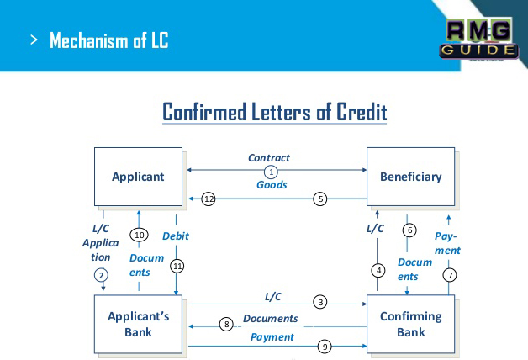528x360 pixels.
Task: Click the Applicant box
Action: pos(138,177)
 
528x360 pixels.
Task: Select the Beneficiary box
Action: pos(410,177)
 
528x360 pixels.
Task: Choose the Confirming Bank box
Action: pos(410,324)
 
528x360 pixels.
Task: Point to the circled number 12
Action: pos(209,199)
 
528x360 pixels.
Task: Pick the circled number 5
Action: pos(319,199)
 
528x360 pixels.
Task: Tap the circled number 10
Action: pos(140,235)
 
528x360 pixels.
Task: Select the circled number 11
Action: pos(177,265)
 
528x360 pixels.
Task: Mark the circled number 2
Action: pos(102,275)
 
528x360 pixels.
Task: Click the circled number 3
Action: pos(319,301)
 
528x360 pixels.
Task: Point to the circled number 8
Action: pos(225,324)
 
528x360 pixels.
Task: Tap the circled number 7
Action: pos(451,274)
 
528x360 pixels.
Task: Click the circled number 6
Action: pos(409,230)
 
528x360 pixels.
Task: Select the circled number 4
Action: pos(378,270)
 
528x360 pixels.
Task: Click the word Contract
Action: pos(269,157)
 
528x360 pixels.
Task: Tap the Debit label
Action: pos(175,236)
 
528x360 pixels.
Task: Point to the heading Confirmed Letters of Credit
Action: pos(274,112)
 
